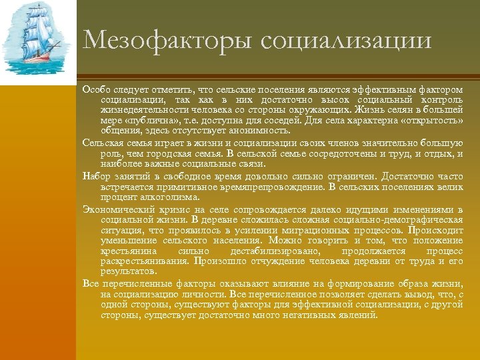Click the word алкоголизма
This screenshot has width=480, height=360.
[173, 197]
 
